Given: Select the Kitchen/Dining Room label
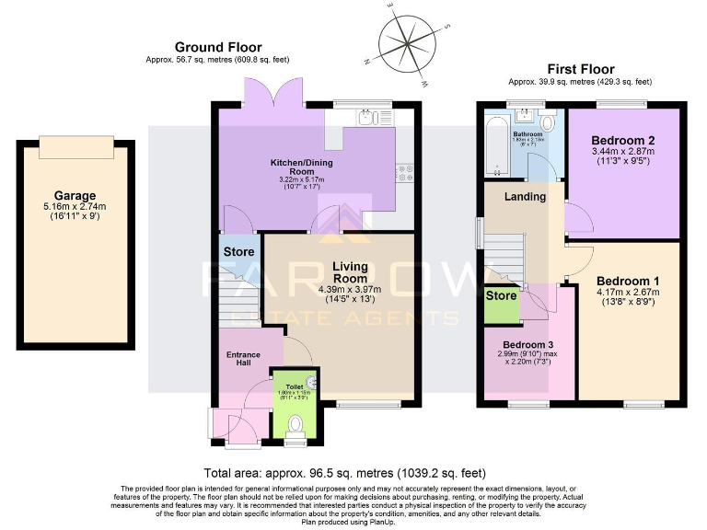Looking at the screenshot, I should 301,167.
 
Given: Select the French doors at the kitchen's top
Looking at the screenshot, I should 273,92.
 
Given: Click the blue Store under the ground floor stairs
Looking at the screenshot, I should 238,251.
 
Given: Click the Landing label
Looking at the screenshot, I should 526,196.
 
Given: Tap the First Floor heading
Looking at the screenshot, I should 580,69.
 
